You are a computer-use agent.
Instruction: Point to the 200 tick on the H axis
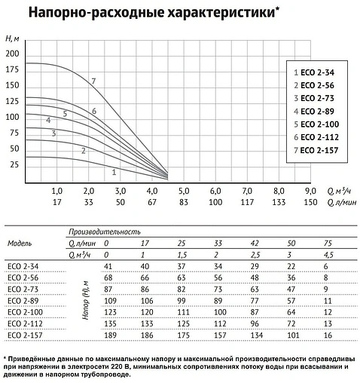[11, 54]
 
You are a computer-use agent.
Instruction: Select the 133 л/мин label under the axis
[278, 203]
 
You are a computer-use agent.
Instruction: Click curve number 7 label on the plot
[93, 81]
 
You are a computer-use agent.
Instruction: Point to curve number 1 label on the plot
[114, 172]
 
